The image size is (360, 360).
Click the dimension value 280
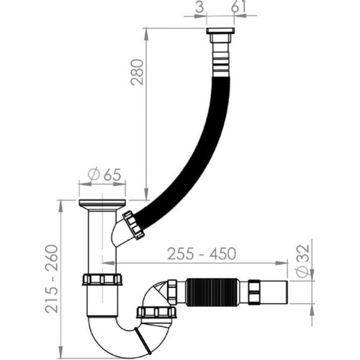point(137,72)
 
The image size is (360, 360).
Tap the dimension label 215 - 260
point(51,279)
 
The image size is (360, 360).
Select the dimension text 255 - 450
point(201,253)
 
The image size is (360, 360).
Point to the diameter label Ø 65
point(104,175)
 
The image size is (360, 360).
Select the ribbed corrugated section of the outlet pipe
point(210,292)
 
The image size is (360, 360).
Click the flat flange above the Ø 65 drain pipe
point(102,203)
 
